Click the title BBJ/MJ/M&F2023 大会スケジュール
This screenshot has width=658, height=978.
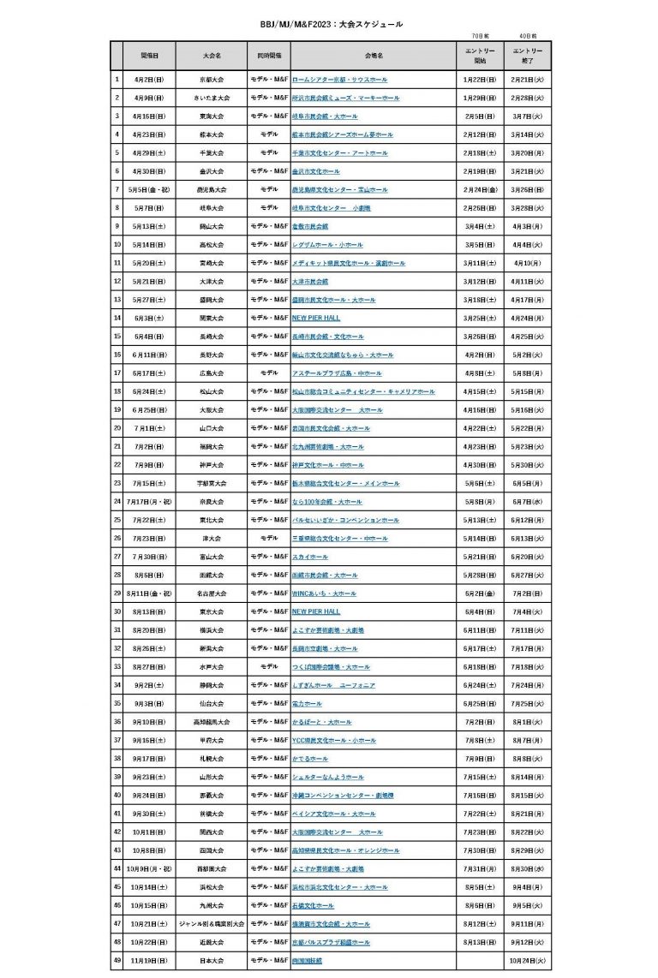[x=330, y=25]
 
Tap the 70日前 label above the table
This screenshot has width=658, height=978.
[x=480, y=37]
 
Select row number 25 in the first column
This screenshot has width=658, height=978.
[x=117, y=520]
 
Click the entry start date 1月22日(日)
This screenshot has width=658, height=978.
[x=480, y=79]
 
